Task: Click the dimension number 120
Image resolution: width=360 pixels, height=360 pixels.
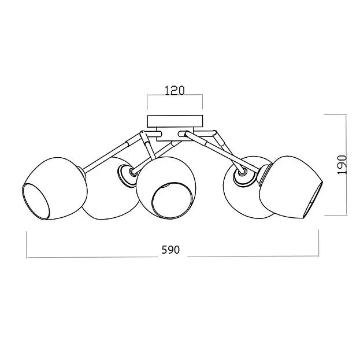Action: pos(175,91)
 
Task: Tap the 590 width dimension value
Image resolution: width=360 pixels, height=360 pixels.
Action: pos(170,250)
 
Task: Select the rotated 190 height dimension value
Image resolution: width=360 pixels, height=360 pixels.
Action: pos(342,165)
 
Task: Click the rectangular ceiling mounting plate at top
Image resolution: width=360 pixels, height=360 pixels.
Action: pos(175,121)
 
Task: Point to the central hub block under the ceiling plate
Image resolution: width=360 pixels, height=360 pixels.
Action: pos(175,134)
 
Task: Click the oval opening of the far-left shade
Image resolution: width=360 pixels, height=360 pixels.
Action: pos(36,201)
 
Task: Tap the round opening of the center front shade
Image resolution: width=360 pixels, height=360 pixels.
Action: pos(172,201)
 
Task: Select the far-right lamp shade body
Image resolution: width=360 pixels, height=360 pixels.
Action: pos(291,187)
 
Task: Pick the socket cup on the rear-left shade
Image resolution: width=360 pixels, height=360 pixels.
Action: pos(125,175)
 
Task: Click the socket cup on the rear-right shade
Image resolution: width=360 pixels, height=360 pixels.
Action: pos(244,176)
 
